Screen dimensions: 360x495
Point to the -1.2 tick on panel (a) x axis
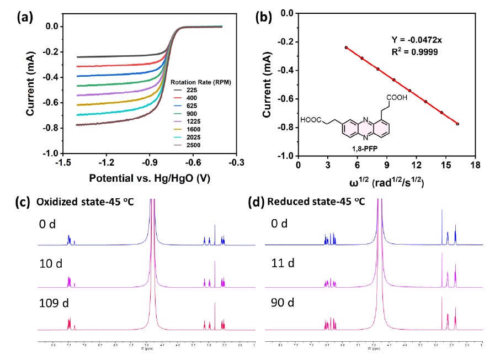click(x=107, y=163)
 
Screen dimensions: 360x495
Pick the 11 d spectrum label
click(x=283, y=262)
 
